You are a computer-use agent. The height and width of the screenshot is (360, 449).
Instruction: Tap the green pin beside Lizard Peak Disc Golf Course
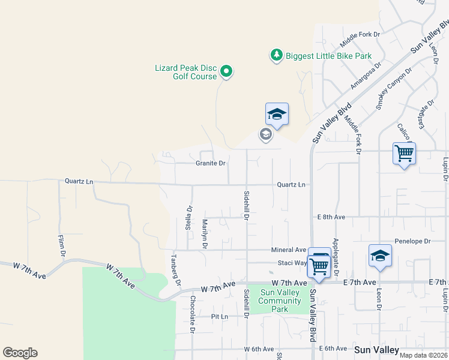point(226,72)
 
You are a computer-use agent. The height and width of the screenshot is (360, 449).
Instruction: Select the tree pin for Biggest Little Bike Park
point(276,56)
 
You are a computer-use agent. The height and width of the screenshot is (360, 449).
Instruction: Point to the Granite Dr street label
point(210,163)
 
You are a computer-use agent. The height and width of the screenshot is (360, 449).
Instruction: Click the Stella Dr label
point(190,217)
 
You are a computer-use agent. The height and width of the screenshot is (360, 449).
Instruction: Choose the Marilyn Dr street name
point(205,234)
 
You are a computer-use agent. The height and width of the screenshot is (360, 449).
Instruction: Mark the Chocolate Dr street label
point(193,314)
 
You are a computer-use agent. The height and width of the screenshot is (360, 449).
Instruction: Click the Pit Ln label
point(220,316)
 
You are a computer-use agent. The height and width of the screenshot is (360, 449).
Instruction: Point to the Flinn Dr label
point(61,245)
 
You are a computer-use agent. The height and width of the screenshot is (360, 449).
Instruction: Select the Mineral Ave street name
point(289,250)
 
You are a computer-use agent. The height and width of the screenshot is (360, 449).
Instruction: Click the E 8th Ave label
point(331,217)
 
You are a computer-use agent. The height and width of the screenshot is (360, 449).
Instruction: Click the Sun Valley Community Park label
point(280,301)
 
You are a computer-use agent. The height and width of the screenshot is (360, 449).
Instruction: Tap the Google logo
point(20,353)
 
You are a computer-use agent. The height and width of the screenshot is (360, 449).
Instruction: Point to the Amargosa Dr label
point(366,75)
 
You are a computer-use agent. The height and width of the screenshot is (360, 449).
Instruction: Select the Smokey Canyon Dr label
point(394,88)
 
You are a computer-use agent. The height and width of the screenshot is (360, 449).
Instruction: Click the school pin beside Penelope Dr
point(380,256)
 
